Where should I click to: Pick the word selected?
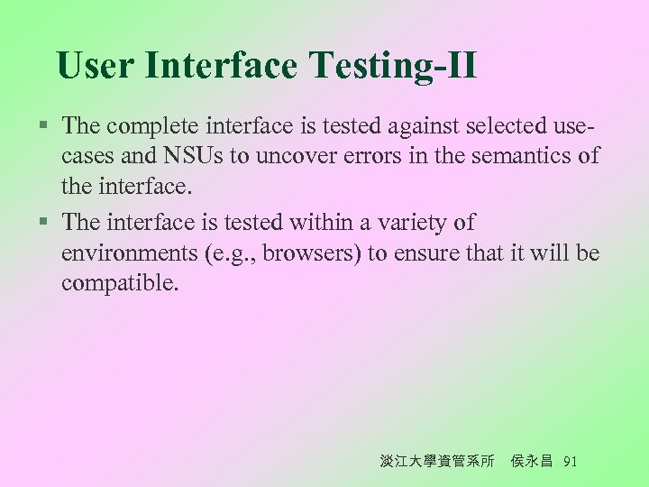click(x=491, y=124)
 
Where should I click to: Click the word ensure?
click(x=423, y=253)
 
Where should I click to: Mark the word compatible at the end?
click(x=120, y=285)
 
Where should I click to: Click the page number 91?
click(x=569, y=461)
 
